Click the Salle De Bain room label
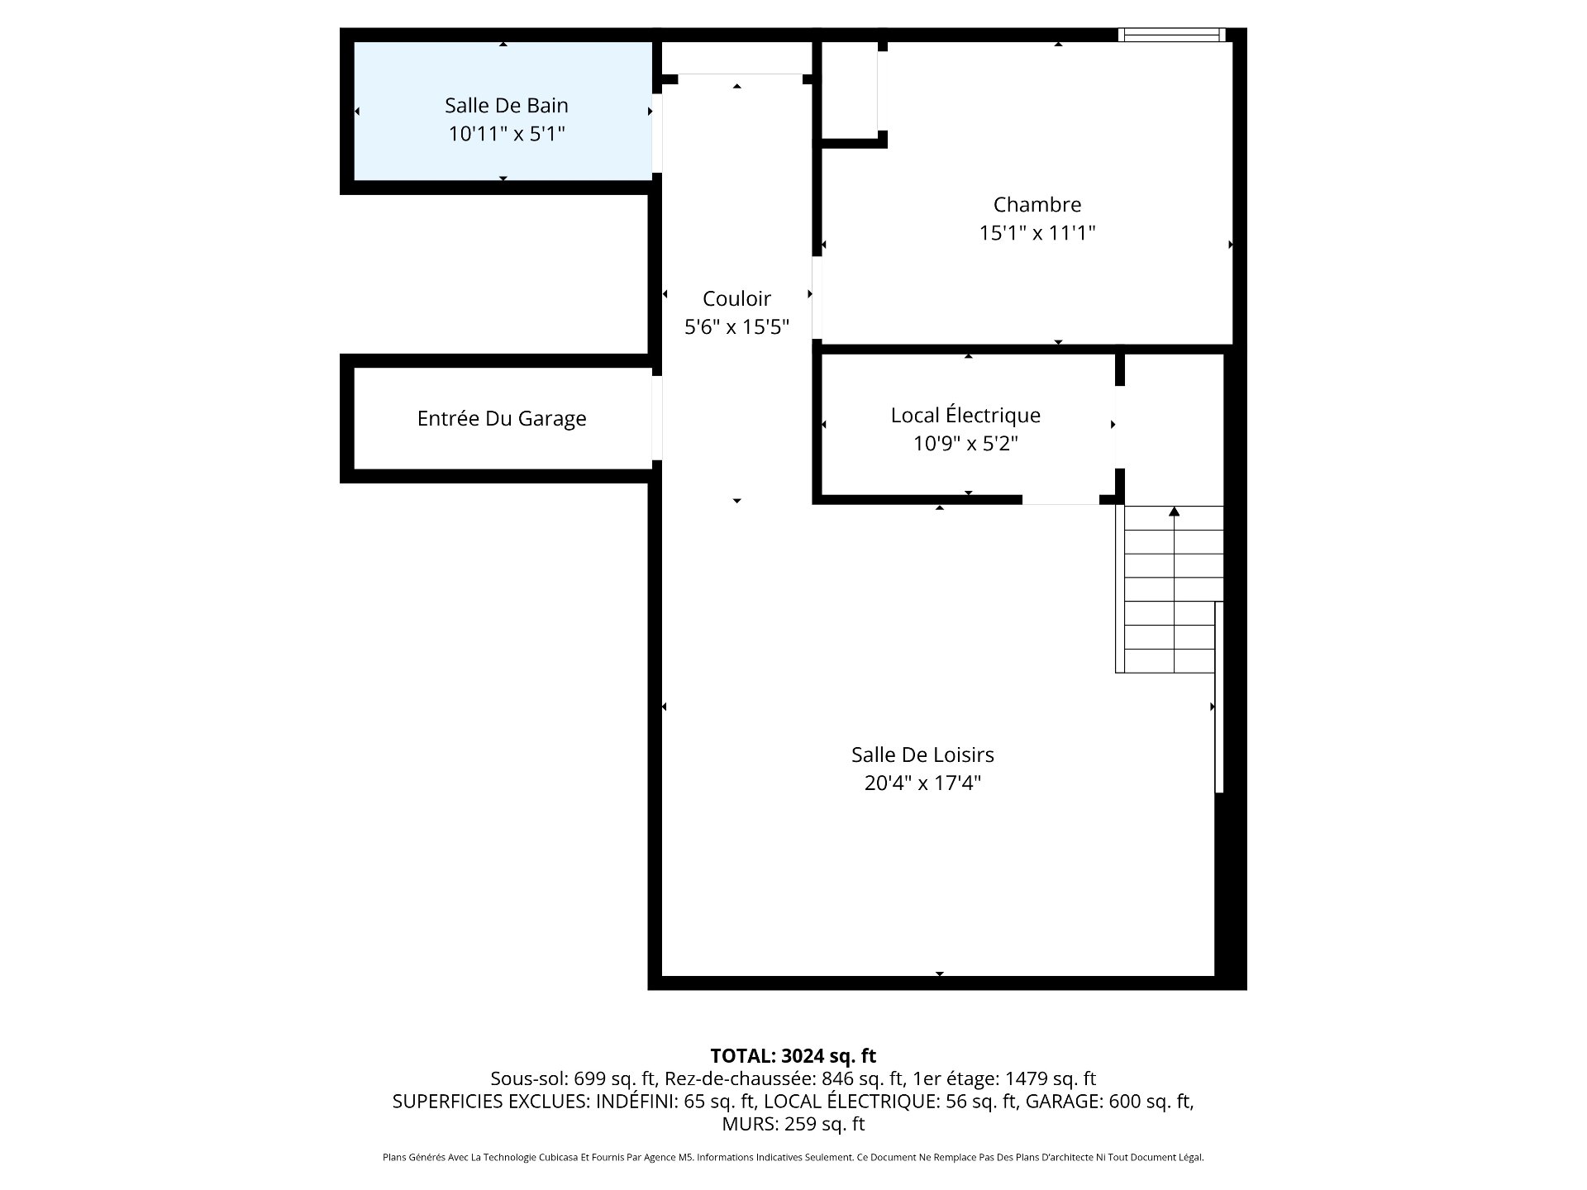[506, 105]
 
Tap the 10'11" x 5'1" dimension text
[506, 133]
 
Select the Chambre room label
[1037, 204]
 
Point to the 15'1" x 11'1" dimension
[1037, 232]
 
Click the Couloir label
[736, 298]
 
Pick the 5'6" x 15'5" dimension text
[736, 326]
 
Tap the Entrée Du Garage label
[502, 418]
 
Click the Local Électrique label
[965, 415]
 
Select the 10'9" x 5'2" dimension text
[965, 444]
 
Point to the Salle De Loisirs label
[922, 754]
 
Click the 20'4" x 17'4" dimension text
[922, 783]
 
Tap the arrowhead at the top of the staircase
[1174, 512]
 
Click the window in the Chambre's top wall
[1172, 35]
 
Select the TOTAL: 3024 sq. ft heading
[793, 1055]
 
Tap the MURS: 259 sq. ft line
[793, 1124]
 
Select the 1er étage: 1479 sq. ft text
[1004, 1078]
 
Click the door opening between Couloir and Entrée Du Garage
[657, 418]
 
